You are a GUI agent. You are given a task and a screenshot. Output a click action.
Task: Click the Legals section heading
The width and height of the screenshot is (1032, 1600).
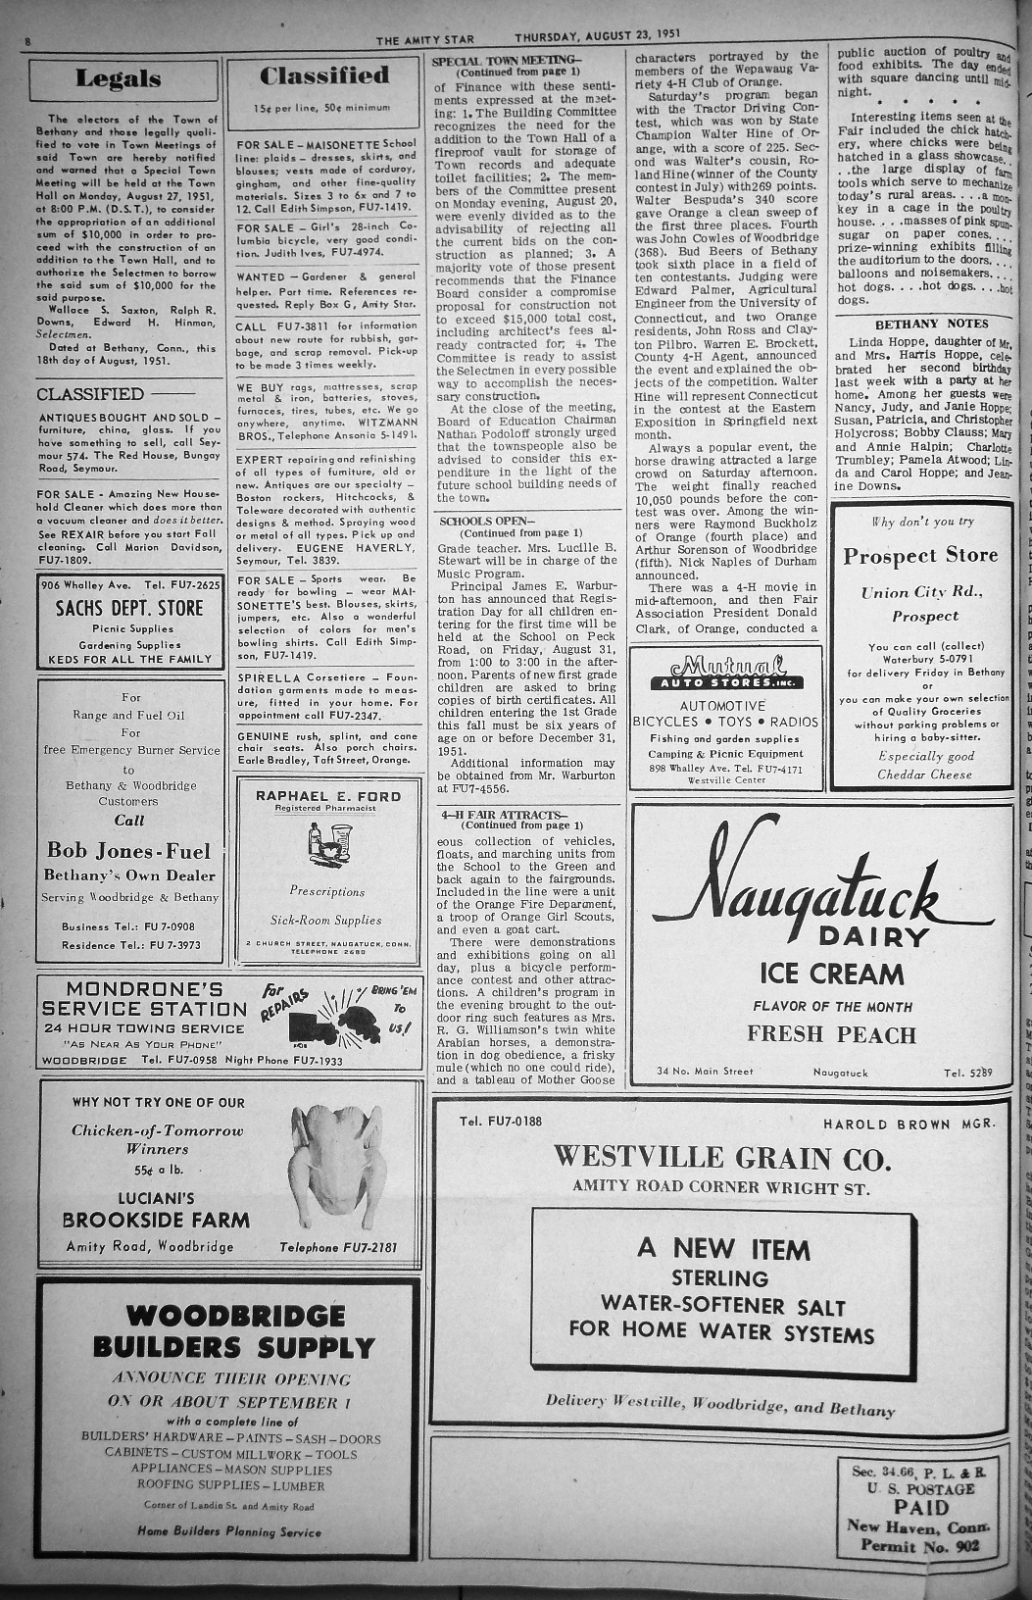(118, 78)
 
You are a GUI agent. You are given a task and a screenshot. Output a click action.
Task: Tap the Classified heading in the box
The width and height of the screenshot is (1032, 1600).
(324, 75)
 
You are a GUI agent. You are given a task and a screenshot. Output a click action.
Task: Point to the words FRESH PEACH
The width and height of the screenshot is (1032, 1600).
(831, 1034)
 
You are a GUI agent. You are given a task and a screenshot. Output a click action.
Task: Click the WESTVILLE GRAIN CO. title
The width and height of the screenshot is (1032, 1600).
(722, 1157)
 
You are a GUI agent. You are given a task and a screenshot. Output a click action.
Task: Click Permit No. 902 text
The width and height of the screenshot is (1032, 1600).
(919, 1546)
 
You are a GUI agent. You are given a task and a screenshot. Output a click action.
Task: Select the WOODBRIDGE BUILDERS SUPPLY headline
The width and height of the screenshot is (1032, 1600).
(234, 1330)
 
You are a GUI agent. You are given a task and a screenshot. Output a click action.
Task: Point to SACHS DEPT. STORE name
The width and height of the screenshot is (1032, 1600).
(129, 608)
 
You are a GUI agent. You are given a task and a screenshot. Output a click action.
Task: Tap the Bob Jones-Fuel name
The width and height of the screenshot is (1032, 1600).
(129, 850)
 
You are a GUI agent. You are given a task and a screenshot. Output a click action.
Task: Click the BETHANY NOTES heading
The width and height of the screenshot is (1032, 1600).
(931, 324)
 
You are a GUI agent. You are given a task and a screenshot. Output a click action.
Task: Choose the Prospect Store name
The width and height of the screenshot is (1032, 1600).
(920, 556)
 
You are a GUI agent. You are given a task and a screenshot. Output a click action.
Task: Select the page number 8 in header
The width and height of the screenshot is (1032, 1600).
(28, 41)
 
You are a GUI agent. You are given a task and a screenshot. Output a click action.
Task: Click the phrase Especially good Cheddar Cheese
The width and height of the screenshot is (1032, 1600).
(924, 765)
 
